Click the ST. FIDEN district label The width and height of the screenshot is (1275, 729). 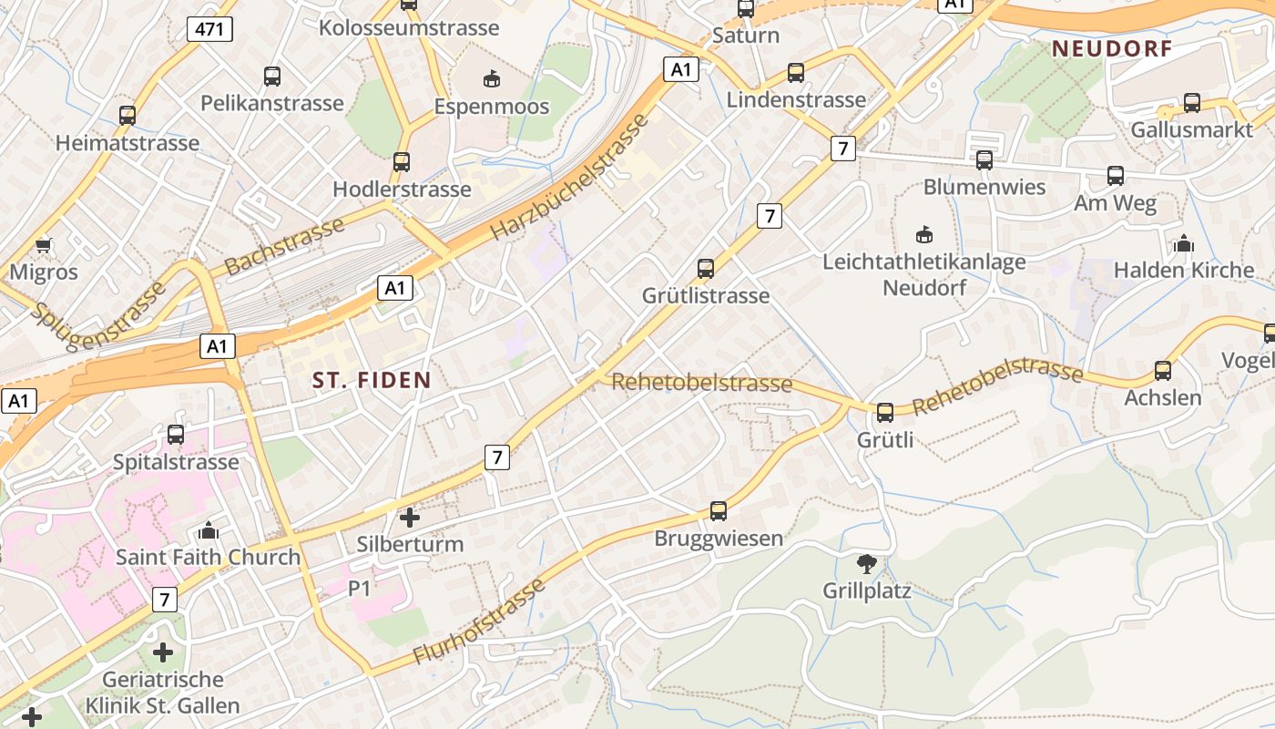(372, 380)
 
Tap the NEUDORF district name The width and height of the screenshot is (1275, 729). (1112, 49)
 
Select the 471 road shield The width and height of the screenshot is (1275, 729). (209, 29)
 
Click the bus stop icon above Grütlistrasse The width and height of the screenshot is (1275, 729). (706, 269)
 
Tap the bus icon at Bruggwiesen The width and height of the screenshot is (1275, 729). (719, 511)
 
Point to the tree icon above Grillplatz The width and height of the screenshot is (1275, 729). (867, 564)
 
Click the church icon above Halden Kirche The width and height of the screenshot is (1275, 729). (1184, 243)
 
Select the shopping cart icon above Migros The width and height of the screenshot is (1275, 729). (43, 245)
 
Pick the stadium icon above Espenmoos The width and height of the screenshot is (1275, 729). (492, 79)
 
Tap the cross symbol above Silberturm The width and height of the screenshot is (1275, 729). (410, 518)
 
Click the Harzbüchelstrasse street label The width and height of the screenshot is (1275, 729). (573, 177)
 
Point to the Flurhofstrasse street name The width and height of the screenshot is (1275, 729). (479, 621)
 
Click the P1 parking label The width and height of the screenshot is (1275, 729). (360, 589)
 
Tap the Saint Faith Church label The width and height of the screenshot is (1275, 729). (208, 557)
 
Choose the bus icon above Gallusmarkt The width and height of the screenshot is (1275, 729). (1192, 103)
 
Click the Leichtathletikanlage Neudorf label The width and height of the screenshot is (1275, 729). (923, 274)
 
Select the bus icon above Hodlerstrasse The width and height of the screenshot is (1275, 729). (402, 162)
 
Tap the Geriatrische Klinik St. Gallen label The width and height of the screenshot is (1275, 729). (162, 693)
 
